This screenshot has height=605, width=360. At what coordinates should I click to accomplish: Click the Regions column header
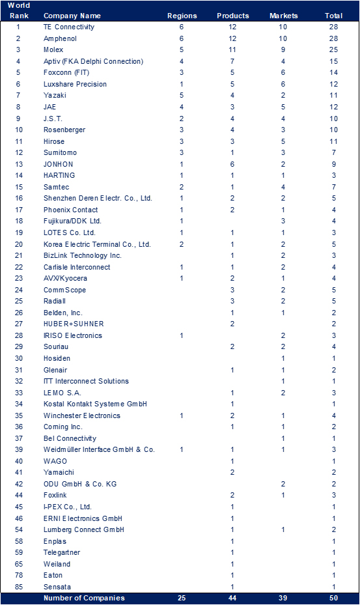pos(182,15)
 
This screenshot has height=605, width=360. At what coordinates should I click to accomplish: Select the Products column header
pos(232,15)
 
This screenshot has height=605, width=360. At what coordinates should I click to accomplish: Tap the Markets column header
pos(283,15)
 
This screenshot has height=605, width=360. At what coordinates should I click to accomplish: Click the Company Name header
pos(72,15)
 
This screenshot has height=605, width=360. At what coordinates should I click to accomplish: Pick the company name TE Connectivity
pos(68,27)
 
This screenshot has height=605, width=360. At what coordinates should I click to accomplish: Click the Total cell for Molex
pos(334,49)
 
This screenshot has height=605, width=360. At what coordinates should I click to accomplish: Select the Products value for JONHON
pos(232,164)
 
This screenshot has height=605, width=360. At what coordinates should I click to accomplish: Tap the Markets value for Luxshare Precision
pos(283,84)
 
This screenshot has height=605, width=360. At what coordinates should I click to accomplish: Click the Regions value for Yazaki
pos(182,95)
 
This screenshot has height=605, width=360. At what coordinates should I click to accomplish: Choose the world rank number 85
pos(18,587)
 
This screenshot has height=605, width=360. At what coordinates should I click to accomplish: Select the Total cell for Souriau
pos(334,346)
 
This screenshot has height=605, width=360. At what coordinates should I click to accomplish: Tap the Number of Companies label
pos(83,598)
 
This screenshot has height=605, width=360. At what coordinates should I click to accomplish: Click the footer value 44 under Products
pos(232,598)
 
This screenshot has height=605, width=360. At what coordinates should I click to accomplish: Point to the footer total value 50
pos(334,598)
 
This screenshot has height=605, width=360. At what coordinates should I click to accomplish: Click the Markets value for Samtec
pos(283,187)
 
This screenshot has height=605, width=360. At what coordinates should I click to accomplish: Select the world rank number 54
pos(18,529)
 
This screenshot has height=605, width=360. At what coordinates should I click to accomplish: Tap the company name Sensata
pos(57,587)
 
